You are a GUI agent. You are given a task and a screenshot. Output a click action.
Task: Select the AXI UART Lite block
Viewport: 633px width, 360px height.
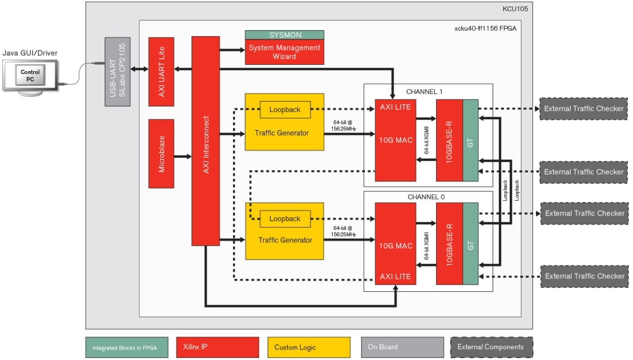(x=161, y=71)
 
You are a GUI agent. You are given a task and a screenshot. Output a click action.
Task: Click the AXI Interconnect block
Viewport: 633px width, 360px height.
(x=205, y=141)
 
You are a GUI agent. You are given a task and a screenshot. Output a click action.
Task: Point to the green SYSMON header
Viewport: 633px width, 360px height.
(x=284, y=35)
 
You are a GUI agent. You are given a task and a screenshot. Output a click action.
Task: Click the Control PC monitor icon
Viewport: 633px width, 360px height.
(x=30, y=76)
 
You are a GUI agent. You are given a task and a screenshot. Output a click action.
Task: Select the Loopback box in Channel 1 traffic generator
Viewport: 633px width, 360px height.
(x=285, y=109)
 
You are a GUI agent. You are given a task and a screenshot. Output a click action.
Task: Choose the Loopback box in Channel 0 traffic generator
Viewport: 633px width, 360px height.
(x=285, y=218)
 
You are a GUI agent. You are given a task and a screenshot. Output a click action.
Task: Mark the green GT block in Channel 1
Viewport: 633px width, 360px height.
(x=471, y=140)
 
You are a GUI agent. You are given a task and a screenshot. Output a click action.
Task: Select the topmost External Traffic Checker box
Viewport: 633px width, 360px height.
(x=584, y=109)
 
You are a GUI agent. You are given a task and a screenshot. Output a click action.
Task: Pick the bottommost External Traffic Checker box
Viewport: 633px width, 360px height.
(x=584, y=276)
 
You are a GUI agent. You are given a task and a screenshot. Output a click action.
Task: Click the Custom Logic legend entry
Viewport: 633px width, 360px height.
(x=309, y=347)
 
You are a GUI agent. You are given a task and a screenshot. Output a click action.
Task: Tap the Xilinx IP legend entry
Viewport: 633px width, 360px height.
(x=218, y=347)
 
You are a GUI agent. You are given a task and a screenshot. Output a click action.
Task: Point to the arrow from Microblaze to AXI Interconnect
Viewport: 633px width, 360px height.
(x=182, y=157)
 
